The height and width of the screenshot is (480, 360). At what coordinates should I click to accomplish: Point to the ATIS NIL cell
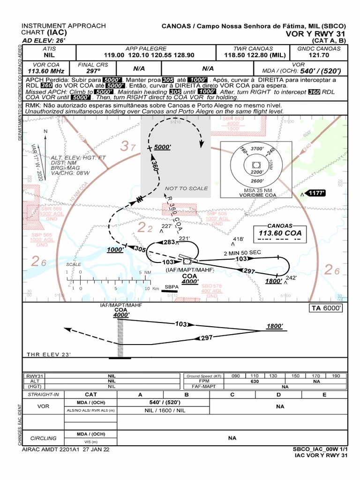[49, 55]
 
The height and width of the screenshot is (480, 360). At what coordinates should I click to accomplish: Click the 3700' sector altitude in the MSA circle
[257, 149]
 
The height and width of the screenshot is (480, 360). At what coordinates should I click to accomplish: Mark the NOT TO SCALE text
[186, 188]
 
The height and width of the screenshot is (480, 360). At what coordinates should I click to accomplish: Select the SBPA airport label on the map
[172, 286]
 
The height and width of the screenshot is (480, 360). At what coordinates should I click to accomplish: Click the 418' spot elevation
[239, 239]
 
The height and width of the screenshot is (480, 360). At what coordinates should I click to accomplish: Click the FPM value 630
[255, 382]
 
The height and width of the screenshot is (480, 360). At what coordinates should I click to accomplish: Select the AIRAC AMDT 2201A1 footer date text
[66, 449]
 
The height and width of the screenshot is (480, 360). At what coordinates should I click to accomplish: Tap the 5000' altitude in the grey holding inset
[163, 147]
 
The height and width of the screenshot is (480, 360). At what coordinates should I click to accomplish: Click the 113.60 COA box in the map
[280, 233]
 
